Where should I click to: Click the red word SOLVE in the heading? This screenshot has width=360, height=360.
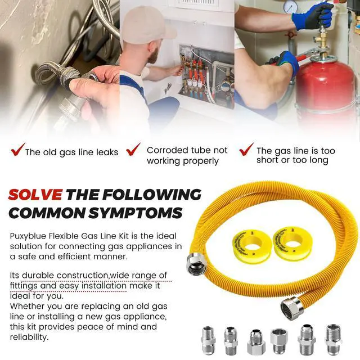[x=35, y=194]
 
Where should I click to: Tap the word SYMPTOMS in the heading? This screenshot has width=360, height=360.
[x=135, y=213]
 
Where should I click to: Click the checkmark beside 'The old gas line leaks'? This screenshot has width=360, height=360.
[x=17, y=150]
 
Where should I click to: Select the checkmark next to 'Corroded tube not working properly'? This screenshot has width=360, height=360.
[x=133, y=149]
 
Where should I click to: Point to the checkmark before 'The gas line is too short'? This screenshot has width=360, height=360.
[x=246, y=149]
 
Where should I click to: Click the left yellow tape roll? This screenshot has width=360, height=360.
[x=249, y=247]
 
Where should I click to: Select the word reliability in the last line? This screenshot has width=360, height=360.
[x=29, y=337]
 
